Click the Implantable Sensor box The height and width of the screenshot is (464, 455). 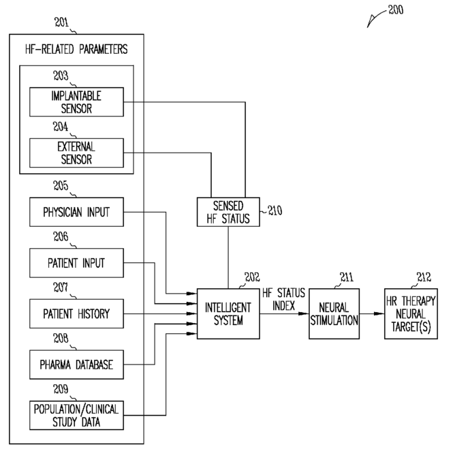[x=76, y=102]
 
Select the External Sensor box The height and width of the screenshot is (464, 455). [x=76, y=153]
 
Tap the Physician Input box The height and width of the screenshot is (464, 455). [x=76, y=212]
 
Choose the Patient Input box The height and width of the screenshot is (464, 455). [x=76, y=263]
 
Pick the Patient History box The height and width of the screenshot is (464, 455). [x=76, y=313]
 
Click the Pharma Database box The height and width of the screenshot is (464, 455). [x=76, y=365]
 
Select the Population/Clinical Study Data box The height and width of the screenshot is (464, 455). [x=76, y=415]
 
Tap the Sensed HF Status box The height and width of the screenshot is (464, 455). [x=228, y=212]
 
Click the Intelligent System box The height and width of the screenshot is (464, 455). [x=228, y=313]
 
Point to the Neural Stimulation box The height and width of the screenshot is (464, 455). [x=334, y=313]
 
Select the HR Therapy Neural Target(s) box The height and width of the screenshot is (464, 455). [x=411, y=313]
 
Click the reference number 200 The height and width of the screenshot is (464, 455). [x=396, y=10]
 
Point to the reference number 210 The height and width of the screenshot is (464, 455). [x=274, y=211]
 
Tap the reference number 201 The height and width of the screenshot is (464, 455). [x=61, y=22]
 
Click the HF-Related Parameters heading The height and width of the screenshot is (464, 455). [x=76, y=49]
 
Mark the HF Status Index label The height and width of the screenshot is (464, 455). [x=284, y=299]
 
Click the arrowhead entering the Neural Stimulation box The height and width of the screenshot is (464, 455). [x=304, y=313]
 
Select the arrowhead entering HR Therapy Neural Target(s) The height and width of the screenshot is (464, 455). [x=379, y=313]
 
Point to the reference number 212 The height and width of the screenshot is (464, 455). [x=424, y=277]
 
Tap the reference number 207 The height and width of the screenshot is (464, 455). [x=61, y=288]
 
